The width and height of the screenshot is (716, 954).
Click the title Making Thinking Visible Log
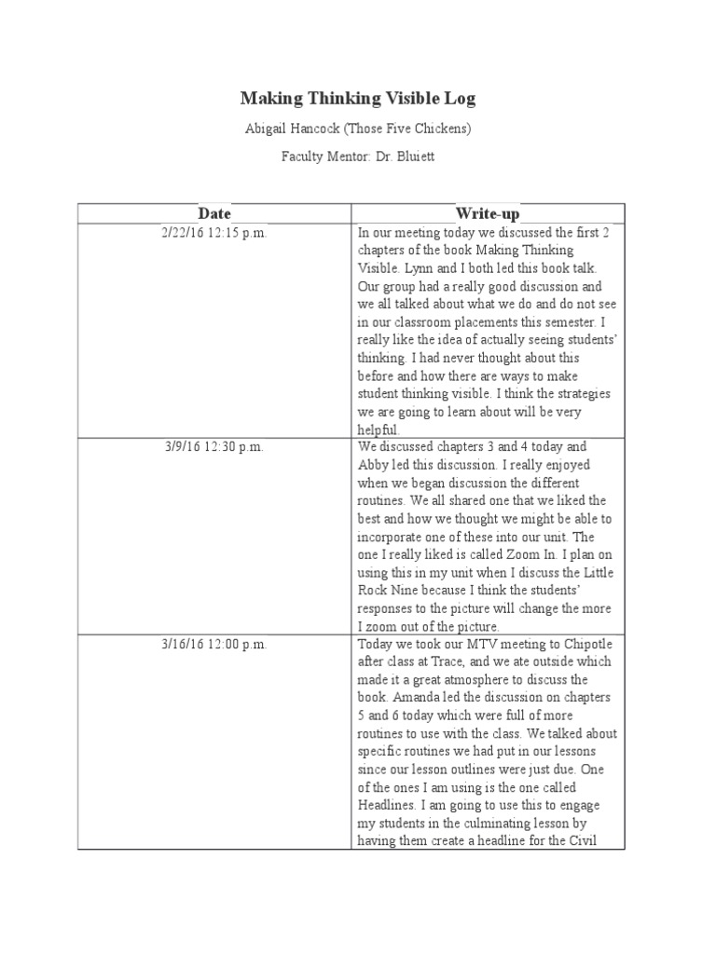(x=358, y=98)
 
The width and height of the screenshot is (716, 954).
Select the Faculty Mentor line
(x=358, y=157)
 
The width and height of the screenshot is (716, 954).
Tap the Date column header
(x=213, y=214)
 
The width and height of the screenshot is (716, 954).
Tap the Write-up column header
(x=487, y=214)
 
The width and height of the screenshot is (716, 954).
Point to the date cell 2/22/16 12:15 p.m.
(x=213, y=233)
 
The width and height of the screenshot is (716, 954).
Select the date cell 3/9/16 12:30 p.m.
(x=213, y=447)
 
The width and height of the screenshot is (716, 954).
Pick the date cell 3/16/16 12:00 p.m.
(x=213, y=644)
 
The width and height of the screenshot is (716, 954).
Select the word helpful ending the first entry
(x=378, y=429)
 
